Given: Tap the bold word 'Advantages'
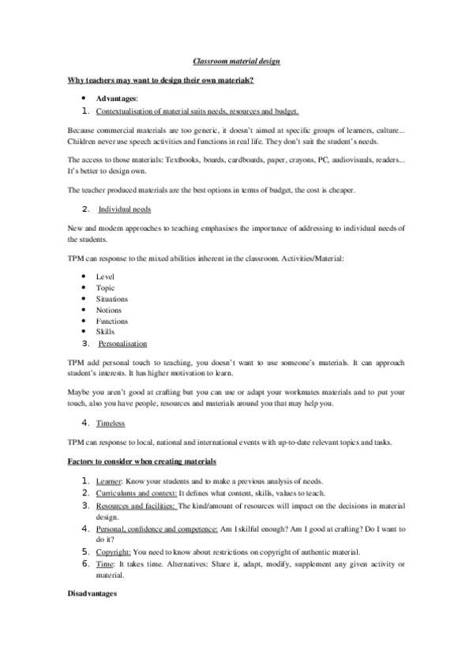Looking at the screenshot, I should coord(116,99).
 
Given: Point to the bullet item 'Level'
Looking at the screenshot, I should coord(105,277).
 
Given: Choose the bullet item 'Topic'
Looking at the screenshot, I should coord(106,288).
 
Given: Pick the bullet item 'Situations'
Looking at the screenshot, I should coord(112,299).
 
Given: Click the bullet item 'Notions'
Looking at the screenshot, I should coord(109,311).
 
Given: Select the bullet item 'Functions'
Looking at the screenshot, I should coord(112,322).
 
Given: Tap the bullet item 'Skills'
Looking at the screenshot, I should coord(105,333).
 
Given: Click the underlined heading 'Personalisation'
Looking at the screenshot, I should coord(122,344).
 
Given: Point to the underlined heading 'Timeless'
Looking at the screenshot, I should coord(111,424).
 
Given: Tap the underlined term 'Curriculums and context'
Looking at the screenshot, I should coord(132,492).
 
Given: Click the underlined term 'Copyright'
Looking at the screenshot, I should coord(113,551).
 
